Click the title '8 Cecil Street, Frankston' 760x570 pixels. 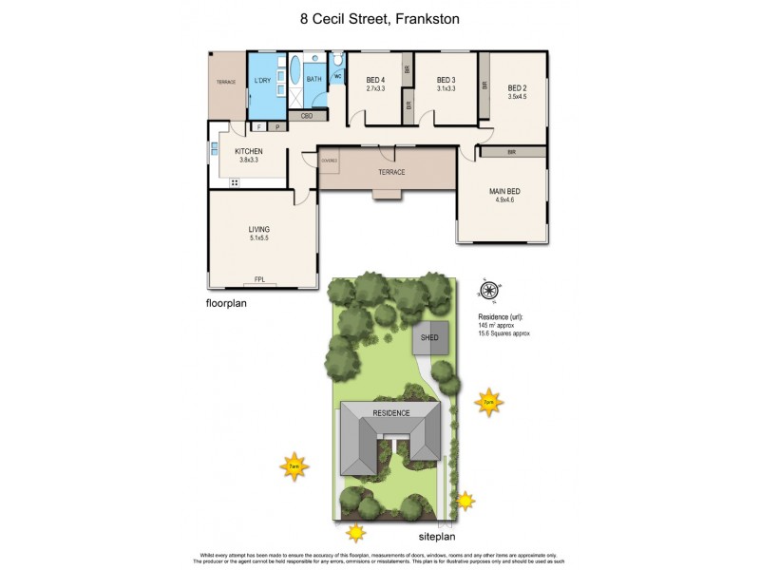(x=379, y=17)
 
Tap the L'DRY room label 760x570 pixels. (x=263, y=80)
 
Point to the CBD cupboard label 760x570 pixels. (x=307, y=116)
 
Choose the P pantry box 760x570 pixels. (x=277, y=126)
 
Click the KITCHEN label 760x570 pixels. (x=249, y=152)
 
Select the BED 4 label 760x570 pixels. (x=375, y=80)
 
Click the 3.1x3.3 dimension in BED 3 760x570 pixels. (x=446, y=89)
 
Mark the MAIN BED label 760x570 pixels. (x=503, y=192)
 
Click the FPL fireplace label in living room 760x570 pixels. (x=259, y=279)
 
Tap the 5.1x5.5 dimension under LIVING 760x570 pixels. (x=259, y=238)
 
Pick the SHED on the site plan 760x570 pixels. (x=429, y=336)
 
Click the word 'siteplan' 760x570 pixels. (x=440, y=537)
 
